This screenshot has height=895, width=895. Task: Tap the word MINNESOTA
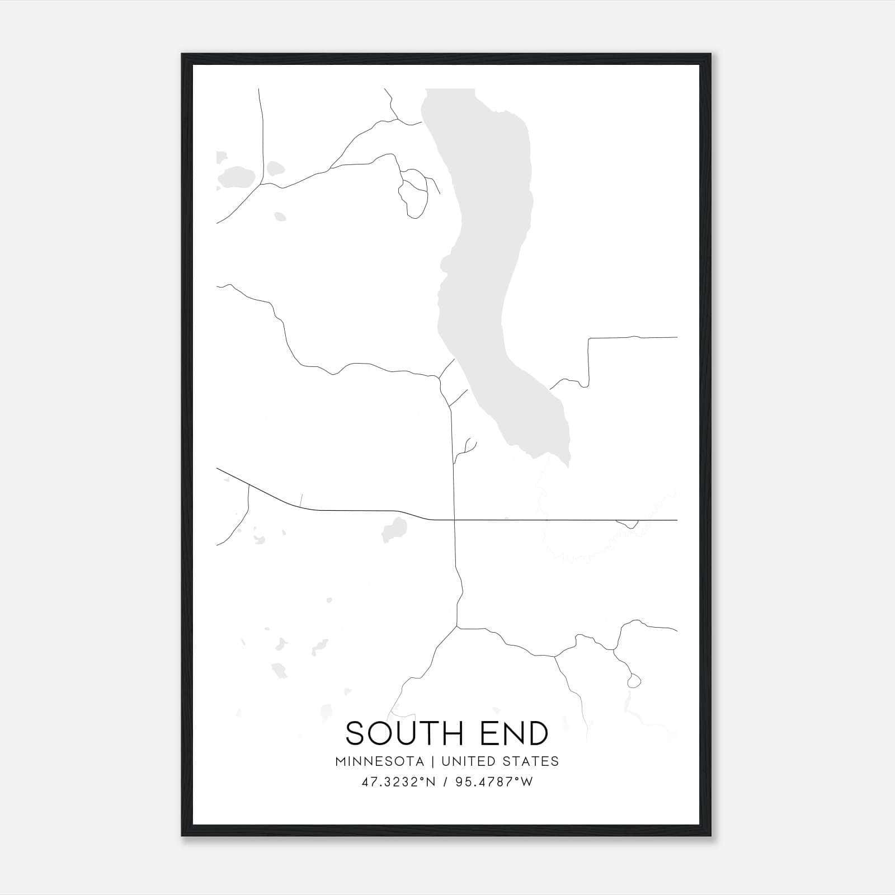click(x=380, y=761)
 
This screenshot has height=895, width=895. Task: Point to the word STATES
click(x=530, y=761)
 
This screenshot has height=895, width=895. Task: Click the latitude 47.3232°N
click(x=398, y=782)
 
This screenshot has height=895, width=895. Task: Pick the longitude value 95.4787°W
click(x=494, y=782)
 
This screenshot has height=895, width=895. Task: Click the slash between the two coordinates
click(x=446, y=782)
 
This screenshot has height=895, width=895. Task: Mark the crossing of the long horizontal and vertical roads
click(x=454, y=520)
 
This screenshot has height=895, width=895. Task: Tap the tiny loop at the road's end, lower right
click(x=634, y=681)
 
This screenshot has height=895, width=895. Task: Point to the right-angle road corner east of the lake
click(x=588, y=339)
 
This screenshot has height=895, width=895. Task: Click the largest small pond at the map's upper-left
click(x=237, y=177)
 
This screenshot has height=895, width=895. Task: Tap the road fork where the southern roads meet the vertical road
click(x=458, y=627)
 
